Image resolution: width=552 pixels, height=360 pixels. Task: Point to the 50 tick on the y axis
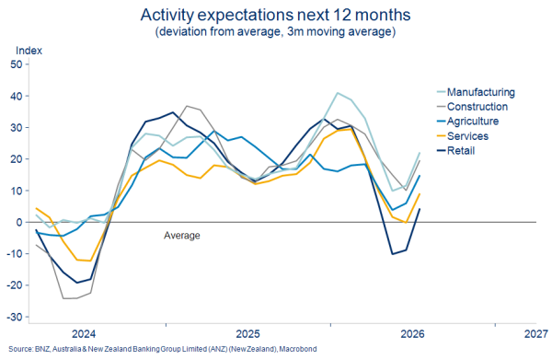(x=17, y=64)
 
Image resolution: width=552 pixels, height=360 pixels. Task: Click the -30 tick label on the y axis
(x=15, y=317)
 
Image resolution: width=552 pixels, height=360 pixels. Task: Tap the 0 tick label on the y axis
(x=19, y=222)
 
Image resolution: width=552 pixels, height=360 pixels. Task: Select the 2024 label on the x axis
(x=84, y=333)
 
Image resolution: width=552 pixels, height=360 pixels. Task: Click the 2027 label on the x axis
(x=536, y=333)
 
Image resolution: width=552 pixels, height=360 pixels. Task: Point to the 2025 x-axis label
(x=248, y=333)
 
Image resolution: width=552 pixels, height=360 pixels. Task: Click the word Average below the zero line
(x=182, y=236)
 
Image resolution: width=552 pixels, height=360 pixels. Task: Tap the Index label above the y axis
(x=29, y=51)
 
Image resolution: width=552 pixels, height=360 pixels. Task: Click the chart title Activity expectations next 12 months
(x=276, y=15)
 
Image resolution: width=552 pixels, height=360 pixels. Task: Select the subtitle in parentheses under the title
(x=276, y=31)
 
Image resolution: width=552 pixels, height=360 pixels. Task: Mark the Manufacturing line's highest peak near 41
(x=338, y=93)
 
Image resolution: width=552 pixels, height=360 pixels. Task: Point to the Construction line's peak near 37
(x=187, y=106)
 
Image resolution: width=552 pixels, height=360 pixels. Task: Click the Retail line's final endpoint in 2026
(x=420, y=209)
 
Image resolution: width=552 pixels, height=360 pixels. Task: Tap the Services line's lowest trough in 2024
(x=90, y=261)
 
